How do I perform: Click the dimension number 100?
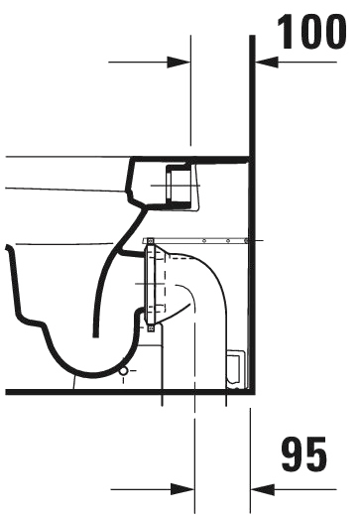(x=312, y=32)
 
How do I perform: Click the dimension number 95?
(x=303, y=453)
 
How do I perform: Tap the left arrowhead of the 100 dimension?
(x=179, y=62)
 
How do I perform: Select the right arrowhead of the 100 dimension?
(x=267, y=62)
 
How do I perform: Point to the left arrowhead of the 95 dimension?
(x=182, y=489)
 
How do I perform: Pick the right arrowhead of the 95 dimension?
(x=263, y=489)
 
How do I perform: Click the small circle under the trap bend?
(x=124, y=371)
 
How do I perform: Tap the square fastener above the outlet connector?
(x=150, y=241)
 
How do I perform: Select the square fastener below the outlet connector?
(x=151, y=328)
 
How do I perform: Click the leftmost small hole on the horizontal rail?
(x=204, y=241)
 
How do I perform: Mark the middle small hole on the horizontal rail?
(x=228, y=241)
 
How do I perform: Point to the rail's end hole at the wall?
(x=246, y=241)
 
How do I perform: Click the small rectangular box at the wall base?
(x=236, y=368)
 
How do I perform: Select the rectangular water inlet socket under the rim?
(x=179, y=186)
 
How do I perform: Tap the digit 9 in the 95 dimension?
(x=293, y=453)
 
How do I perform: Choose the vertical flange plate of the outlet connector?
(x=150, y=284)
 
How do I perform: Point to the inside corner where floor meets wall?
(x=249, y=389)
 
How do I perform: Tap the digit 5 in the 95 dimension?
(x=316, y=453)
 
